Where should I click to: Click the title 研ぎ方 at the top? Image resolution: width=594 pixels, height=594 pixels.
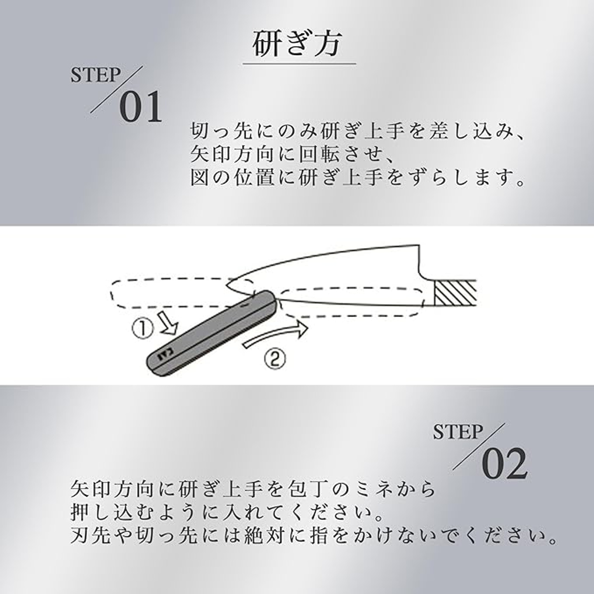pyautogui.click(x=297, y=44)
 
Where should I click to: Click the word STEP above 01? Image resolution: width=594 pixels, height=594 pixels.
pyautogui.click(x=96, y=75)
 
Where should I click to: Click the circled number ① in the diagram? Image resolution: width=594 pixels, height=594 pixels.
pyautogui.click(x=143, y=329)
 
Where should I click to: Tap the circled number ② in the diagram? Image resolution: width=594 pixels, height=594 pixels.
pyautogui.click(x=275, y=358)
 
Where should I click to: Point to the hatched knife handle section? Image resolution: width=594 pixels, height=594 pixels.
pyautogui.click(x=455, y=293)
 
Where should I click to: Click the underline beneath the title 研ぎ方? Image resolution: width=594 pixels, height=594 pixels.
pyautogui.click(x=299, y=64)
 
